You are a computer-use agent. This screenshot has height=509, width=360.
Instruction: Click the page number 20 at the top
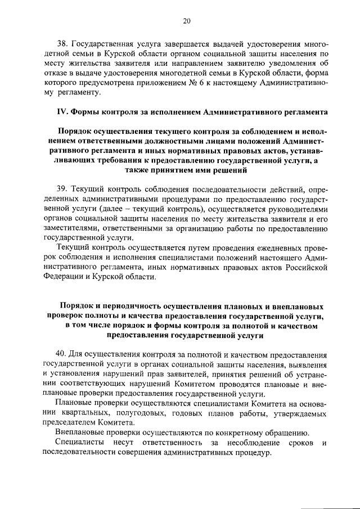tap(187, 21)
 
